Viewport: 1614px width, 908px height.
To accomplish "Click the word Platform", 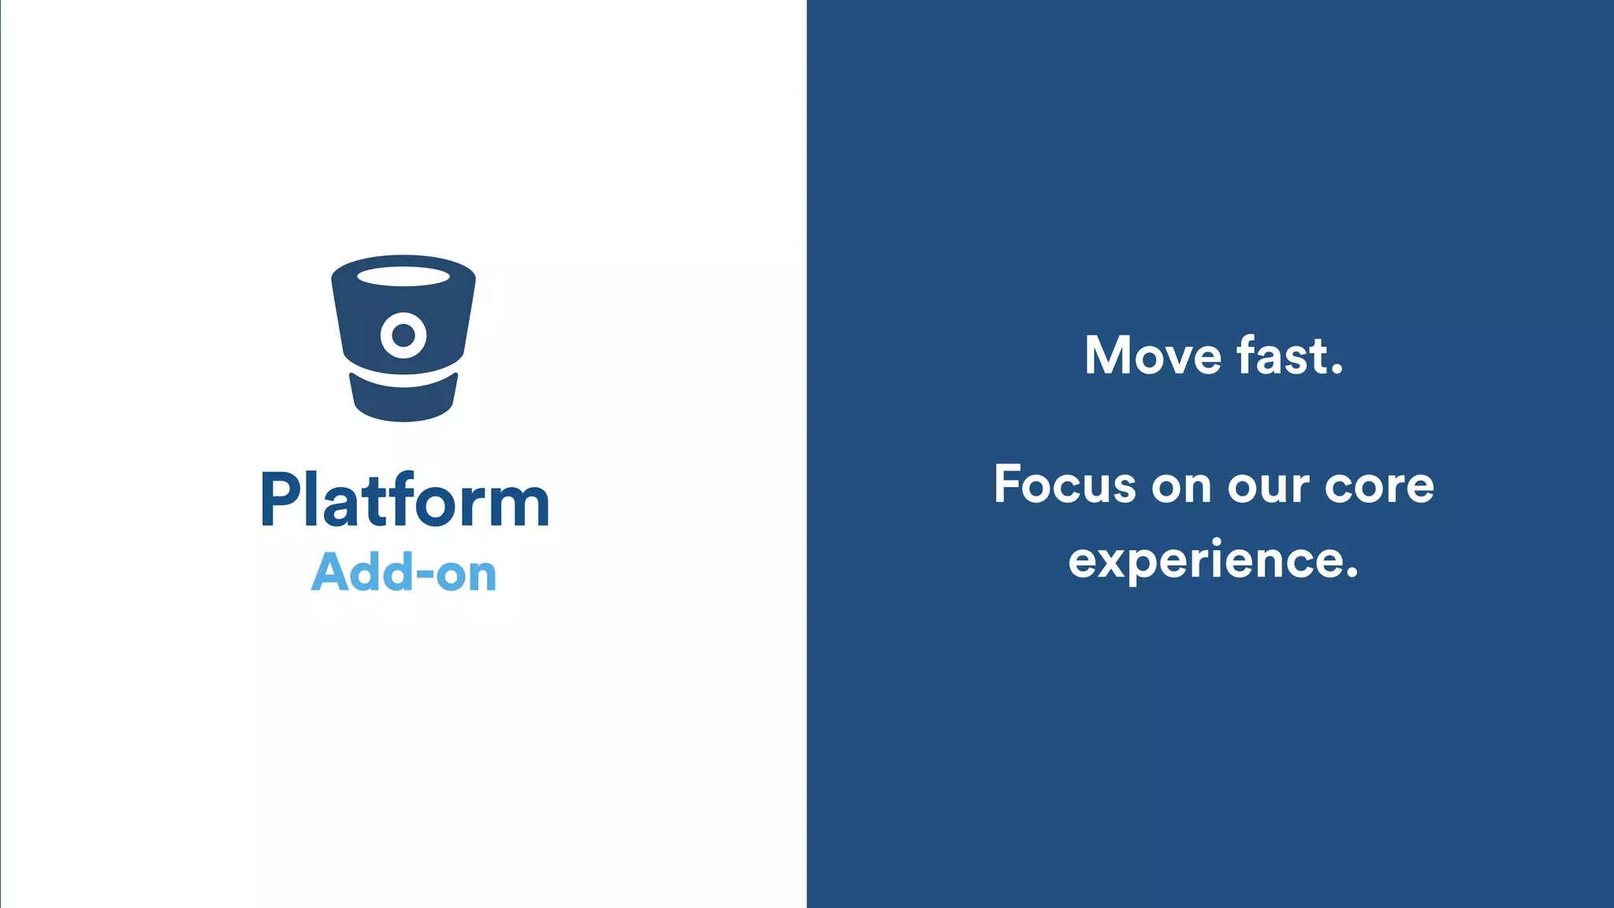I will (404, 501).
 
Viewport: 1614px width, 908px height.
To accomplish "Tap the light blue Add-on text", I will (404, 572).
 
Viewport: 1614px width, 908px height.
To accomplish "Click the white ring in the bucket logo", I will (403, 335).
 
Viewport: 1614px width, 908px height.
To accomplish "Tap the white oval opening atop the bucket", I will (403, 277).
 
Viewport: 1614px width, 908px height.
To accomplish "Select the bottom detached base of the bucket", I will (403, 399).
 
